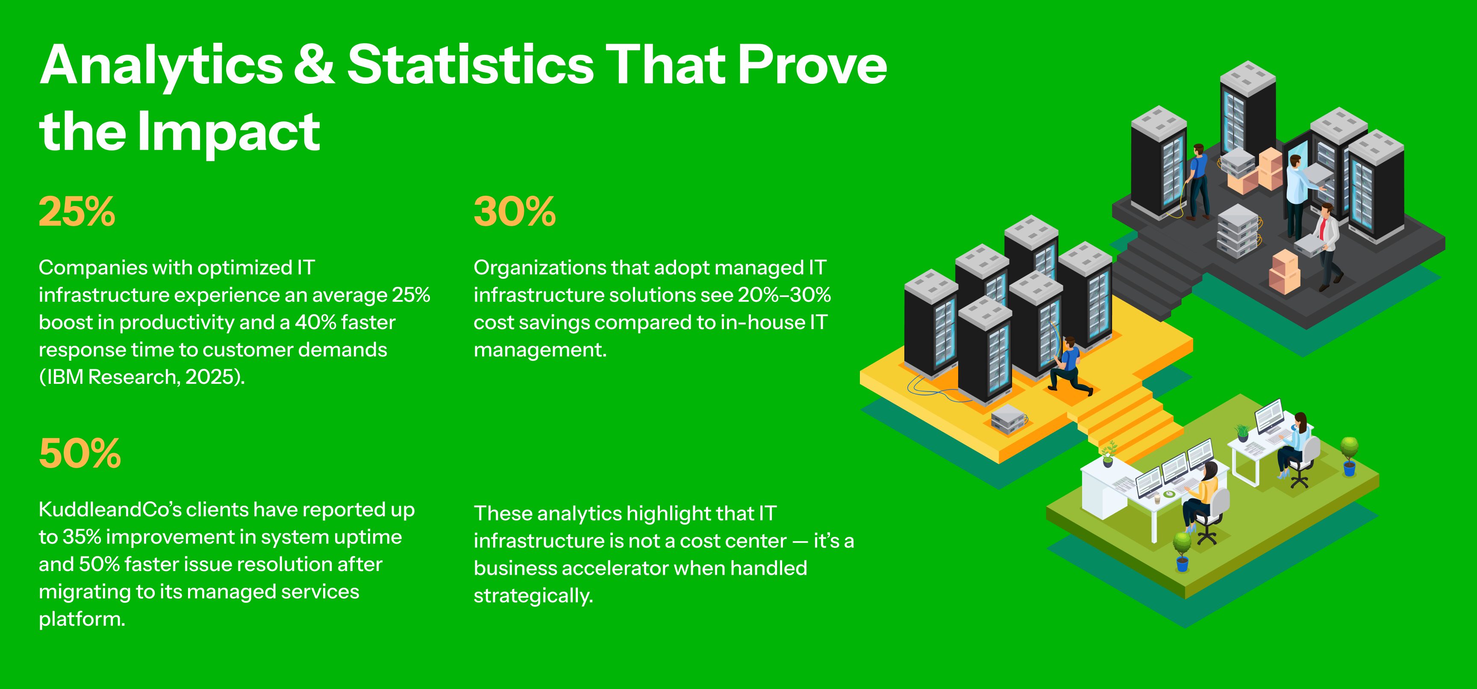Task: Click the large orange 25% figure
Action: tap(77, 212)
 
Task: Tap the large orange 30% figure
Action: tap(514, 212)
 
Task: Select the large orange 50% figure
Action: tap(79, 453)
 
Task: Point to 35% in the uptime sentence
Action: tap(82, 537)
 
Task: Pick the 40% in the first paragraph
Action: tap(315, 322)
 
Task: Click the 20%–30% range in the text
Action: tap(784, 294)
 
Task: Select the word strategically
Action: tap(533, 596)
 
